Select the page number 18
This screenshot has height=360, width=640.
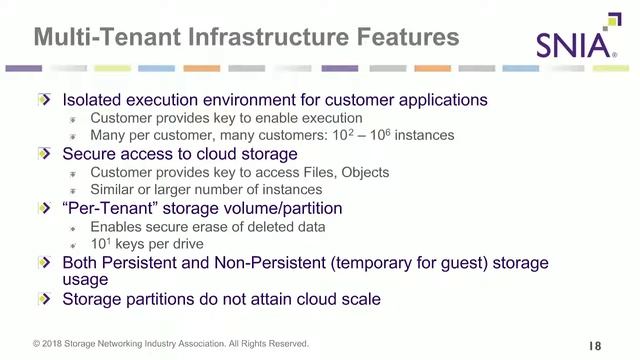(595, 345)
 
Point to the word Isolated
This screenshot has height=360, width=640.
(96, 100)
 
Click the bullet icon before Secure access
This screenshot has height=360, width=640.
(43, 154)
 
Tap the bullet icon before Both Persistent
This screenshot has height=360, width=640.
(43, 262)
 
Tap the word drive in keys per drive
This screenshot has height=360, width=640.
(186, 243)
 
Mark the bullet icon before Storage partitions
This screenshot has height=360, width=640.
(43, 298)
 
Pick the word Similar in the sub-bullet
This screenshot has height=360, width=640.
(113, 190)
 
